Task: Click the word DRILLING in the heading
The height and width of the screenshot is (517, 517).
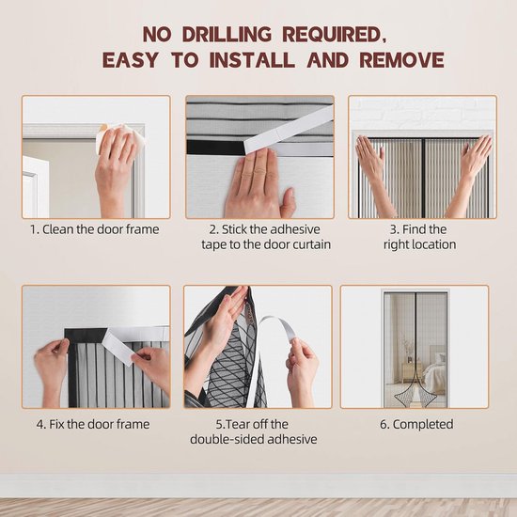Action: (227, 34)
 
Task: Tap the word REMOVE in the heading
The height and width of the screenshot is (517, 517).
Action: (402, 59)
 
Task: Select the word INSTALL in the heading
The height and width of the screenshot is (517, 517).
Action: (252, 59)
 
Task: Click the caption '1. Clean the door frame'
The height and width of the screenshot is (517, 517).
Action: (95, 229)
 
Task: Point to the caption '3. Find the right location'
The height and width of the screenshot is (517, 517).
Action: (419, 237)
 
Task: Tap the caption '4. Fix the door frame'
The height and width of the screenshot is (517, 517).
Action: (93, 424)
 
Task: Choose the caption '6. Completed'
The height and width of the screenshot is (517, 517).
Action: (416, 424)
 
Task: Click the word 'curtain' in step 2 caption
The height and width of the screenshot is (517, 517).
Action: (311, 244)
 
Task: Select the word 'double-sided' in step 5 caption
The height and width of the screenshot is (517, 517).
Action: (227, 439)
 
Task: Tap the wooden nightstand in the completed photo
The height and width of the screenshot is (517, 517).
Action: (412, 372)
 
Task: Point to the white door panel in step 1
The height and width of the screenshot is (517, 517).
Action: (35, 188)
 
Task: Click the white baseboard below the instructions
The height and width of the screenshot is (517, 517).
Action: (258, 486)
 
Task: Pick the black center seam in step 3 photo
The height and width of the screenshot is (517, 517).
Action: (423, 178)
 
